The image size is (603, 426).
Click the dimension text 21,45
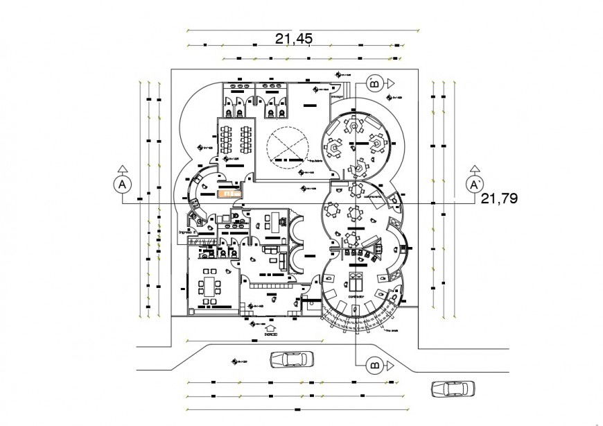pyautogui.click(x=293, y=39)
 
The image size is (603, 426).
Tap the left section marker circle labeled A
pyautogui.click(x=122, y=185)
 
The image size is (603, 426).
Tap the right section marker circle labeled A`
pyautogui.click(x=475, y=185)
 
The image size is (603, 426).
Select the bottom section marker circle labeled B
pyautogui.click(x=375, y=364)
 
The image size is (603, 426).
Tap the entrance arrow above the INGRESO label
pyautogui.click(x=271, y=326)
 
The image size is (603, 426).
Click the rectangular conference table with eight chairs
pyautogui.click(x=209, y=284)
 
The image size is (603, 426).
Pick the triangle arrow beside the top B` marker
pyautogui.click(x=390, y=83)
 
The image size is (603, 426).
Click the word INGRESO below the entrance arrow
pyautogui.click(x=271, y=334)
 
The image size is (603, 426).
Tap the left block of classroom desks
pyautogui.click(x=227, y=138)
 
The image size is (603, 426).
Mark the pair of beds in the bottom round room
pyautogui.click(x=355, y=281)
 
